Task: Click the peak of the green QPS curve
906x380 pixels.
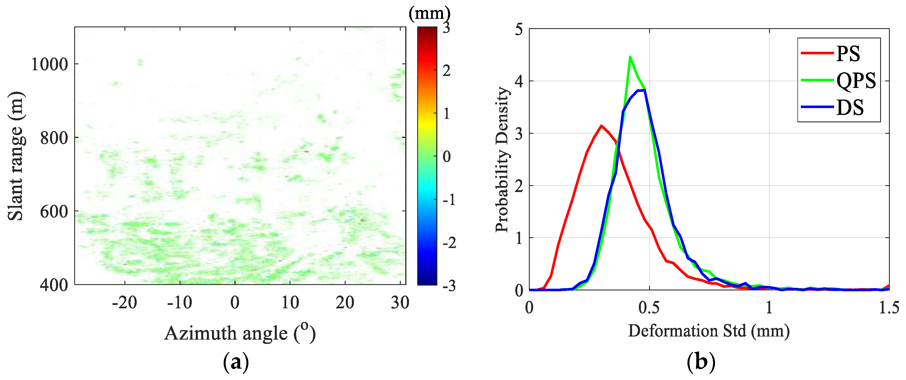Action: click(630, 57)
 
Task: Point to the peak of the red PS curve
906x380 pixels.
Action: click(601, 126)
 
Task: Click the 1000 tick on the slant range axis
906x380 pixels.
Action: click(49, 64)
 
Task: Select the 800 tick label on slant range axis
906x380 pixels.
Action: click(54, 138)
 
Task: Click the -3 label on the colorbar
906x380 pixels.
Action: click(449, 286)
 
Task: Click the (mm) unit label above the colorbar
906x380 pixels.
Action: click(429, 13)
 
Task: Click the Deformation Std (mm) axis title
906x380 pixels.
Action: click(709, 331)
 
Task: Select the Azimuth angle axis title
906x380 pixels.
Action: click(240, 333)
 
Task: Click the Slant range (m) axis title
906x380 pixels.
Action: click(16, 156)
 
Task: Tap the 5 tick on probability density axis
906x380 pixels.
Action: click(519, 30)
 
